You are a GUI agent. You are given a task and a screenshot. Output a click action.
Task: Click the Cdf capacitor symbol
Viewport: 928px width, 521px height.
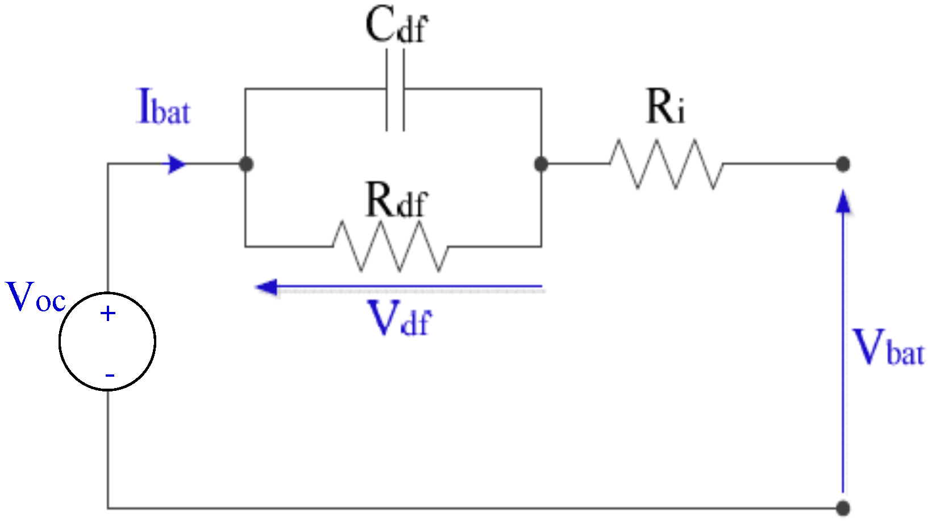396,90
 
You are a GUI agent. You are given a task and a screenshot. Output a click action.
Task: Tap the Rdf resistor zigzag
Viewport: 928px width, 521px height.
390,247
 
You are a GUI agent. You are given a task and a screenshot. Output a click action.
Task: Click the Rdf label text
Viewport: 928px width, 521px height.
396,200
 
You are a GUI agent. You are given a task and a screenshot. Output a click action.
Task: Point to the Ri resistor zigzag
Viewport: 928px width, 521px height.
666,164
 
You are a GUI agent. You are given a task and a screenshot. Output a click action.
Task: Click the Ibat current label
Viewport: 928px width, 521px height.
164,107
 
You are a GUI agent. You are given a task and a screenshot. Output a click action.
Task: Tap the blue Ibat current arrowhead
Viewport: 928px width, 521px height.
177,165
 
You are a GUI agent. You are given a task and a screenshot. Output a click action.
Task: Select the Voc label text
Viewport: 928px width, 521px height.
35,297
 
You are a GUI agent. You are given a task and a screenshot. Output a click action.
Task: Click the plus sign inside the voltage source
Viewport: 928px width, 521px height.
108,314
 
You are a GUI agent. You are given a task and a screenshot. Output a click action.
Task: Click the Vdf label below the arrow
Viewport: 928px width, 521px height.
399,319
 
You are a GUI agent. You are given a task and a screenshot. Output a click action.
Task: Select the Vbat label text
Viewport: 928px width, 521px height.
889,348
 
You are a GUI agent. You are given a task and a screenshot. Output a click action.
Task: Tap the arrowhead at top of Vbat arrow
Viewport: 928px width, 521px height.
843,202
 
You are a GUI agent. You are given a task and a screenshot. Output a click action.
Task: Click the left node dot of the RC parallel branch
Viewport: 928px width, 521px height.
245,164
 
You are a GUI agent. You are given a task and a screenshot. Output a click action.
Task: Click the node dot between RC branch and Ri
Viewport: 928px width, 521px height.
541,164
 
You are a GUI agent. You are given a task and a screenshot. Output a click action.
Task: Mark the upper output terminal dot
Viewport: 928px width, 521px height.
843,164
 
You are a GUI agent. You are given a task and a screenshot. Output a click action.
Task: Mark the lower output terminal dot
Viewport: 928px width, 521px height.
843,507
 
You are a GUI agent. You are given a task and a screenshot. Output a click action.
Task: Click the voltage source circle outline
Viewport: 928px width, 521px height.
60,341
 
